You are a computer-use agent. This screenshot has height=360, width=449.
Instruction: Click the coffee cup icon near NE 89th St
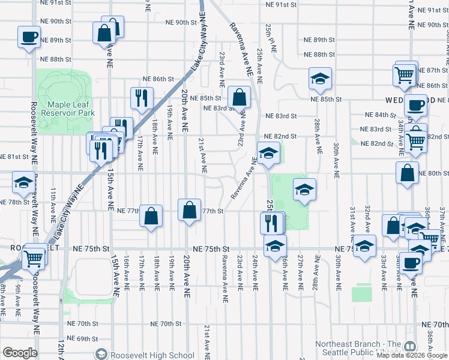29,38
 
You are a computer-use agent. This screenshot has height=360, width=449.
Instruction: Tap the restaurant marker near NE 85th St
142,98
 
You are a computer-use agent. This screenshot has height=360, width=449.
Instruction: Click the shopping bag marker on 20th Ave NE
189,211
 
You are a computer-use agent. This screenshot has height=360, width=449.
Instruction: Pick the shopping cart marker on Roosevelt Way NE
34,259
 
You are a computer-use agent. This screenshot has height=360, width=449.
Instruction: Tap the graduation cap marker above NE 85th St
320,78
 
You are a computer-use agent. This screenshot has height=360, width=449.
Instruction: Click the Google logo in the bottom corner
20,353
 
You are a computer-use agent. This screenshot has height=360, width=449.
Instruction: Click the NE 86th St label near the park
158,79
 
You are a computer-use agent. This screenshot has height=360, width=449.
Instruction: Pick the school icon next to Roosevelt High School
100,355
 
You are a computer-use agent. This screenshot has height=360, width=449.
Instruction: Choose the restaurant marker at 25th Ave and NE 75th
271,223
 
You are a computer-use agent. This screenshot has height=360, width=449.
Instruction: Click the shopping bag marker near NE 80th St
407,173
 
